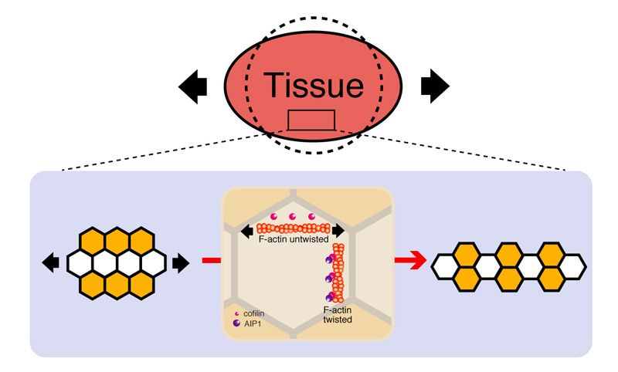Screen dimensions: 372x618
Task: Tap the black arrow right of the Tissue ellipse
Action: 435,86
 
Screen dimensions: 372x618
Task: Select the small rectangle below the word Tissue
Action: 311,120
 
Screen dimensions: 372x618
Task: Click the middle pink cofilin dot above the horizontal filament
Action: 292,217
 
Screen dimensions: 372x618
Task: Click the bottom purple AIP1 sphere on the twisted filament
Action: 330,296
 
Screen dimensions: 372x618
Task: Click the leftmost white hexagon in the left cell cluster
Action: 80,263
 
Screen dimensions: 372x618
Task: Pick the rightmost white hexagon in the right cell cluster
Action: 572,263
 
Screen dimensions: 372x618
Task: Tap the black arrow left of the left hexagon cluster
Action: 50,263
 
